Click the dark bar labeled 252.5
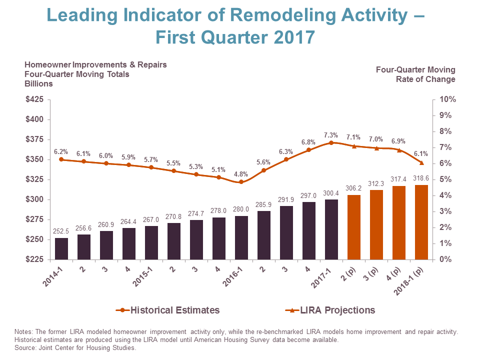pos(61,248)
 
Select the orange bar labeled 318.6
pos(421,222)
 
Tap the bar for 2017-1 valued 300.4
pos(331,229)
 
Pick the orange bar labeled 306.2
pos(354,227)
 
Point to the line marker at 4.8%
pos(241,182)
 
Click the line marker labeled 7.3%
pos(331,143)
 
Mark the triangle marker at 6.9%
pos(399,150)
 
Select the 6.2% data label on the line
pos(61,151)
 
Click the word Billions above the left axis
pos(38,83)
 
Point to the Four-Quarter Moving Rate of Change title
pos(415,74)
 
